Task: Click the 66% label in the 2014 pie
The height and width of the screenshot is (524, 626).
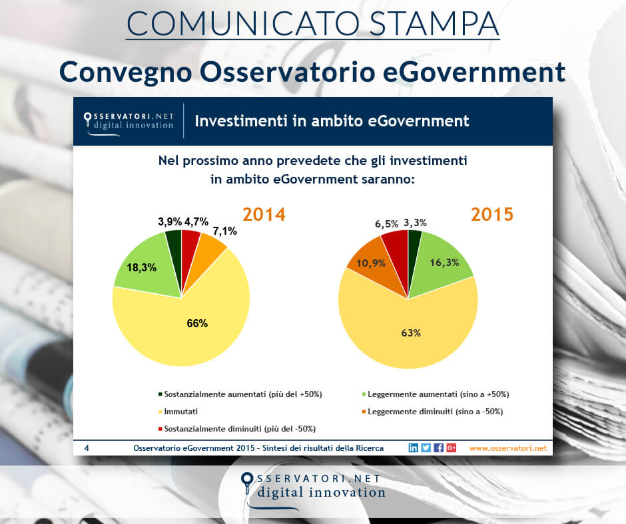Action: [x=197, y=324]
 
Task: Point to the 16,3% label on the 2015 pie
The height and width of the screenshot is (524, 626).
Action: [x=444, y=262]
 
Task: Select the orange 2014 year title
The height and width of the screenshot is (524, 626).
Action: [x=264, y=215]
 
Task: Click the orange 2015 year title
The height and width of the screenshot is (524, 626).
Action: [x=493, y=215]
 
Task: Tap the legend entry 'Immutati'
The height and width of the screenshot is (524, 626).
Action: [x=181, y=412]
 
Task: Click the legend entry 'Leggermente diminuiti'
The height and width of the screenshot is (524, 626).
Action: [x=434, y=412]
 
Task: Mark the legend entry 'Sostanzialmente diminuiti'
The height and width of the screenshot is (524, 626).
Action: [x=240, y=428]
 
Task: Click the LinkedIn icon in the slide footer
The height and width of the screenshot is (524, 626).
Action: [x=414, y=448]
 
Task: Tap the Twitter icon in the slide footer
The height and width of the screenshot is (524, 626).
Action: [x=426, y=448]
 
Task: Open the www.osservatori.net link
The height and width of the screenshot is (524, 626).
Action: [x=507, y=448]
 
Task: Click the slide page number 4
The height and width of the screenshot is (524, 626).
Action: [x=87, y=448]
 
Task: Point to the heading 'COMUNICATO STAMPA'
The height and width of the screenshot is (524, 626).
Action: [x=312, y=23]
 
